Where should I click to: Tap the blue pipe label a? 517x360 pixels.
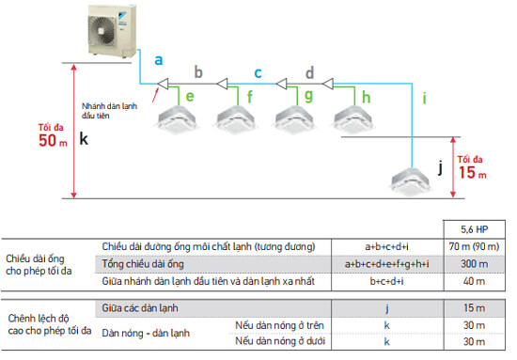coord(159,59)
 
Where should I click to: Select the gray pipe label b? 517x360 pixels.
coord(198,70)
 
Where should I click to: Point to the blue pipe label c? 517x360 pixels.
coord(258,70)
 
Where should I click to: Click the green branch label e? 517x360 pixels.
coord(190,96)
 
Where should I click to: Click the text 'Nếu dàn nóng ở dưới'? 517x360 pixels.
coord(279,341)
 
